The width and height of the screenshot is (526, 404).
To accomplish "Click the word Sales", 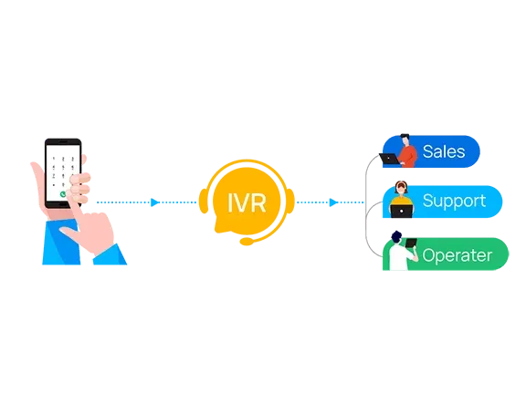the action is pyautogui.click(x=444, y=151).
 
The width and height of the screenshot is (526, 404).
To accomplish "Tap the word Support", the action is pyautogui.click(x=454, y=202).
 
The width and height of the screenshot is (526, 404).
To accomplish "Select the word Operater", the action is pyautogui.click(x=458, y=255).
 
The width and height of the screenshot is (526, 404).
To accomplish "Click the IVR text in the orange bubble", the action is pyautogui.click(x=247, y=202).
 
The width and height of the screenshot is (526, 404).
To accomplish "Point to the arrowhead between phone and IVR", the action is pyautogui.click(x=154, y=202).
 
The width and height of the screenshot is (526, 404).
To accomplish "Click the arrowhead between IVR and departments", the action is pyautogui.click(x=333, y=202).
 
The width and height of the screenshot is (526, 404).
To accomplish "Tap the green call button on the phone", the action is pyautogui.click(x=63, y=194).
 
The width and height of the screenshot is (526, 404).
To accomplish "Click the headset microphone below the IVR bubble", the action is pyautogui.click(x=247, y=241).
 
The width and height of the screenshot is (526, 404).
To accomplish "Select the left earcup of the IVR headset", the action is pyautogui.click(x=204, y=201).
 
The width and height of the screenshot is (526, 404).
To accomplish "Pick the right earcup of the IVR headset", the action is pyautogui.click(x=290, y=201).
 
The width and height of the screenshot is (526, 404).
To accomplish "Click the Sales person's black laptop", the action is pyautogui.click(x=389, y=159).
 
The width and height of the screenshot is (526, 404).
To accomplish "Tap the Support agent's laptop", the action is pyautogui.click(x=401, y=211).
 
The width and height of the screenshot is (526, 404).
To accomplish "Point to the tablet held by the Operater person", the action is pyautogui.click(x=411, y=243).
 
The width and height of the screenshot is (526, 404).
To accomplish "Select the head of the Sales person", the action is pyautogui.click(x=405, y=140).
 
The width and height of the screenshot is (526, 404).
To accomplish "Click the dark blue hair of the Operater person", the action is pyautogui.click(x=396, y=236).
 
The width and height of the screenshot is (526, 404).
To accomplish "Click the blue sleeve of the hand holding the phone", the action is pyautogui.click(x=62, y=242).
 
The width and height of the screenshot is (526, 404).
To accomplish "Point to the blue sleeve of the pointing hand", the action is pyautogui.click(x=110, y=255).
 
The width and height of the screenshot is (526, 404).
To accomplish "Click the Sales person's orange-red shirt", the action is pyautogui.click(x=408, y=156).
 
